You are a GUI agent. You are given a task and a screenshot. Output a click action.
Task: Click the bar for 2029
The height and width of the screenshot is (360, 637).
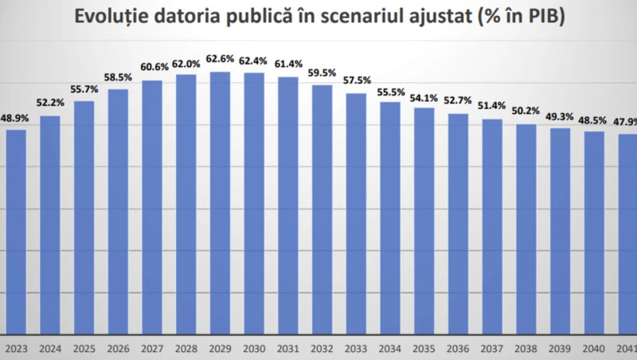pyautogui.click(x=221, y=203)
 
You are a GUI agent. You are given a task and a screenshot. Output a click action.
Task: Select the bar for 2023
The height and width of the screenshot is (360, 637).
pyautogui.click(x=16, y=231)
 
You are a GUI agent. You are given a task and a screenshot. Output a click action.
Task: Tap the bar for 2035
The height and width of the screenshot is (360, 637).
pyautogui.click(x=424, y=219)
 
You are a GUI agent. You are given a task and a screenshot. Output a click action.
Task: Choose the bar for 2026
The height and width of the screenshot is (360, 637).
pyautogui.click(x=118, y=211)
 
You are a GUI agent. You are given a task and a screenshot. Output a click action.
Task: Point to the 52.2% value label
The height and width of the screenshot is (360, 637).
pyautogui.click(x=50, y=102)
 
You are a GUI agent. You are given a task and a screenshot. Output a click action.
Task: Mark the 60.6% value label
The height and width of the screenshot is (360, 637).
pyautogui.click(x=152, y=67)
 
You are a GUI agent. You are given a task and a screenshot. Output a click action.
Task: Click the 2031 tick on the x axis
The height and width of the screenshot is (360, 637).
pyautogui.click(x=288, y=347)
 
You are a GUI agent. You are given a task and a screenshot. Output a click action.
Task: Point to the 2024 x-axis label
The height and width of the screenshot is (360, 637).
pyautogui.click(x=50, y=347)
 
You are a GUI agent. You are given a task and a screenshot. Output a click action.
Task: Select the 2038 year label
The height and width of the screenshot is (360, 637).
pyautogui.click(x=526, y=347)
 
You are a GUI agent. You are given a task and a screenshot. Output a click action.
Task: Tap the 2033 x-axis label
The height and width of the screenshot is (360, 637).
pyautogui.click(x=357, y=347)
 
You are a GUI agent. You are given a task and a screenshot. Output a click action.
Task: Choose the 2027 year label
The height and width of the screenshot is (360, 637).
pyautogui.click(x=152, y=347)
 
